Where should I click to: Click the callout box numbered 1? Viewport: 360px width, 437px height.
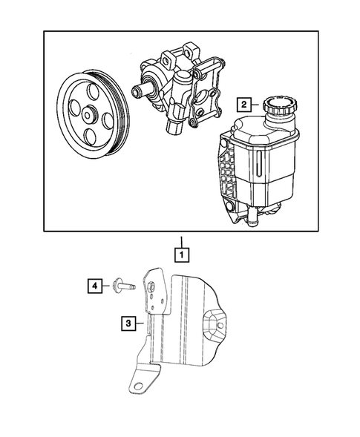[x=180, y=254]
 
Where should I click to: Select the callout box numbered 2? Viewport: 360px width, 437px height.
[x=243, y=105]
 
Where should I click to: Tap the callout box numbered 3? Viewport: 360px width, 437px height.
[x=130, y=323]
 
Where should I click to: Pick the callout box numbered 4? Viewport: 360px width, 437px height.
[x=96, y=285]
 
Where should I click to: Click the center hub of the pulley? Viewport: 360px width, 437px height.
[x=89, y=116]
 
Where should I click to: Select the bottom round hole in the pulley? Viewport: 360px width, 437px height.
[x=91, y=139]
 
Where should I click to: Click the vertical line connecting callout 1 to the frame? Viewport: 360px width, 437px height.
[x=180, y=239]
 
